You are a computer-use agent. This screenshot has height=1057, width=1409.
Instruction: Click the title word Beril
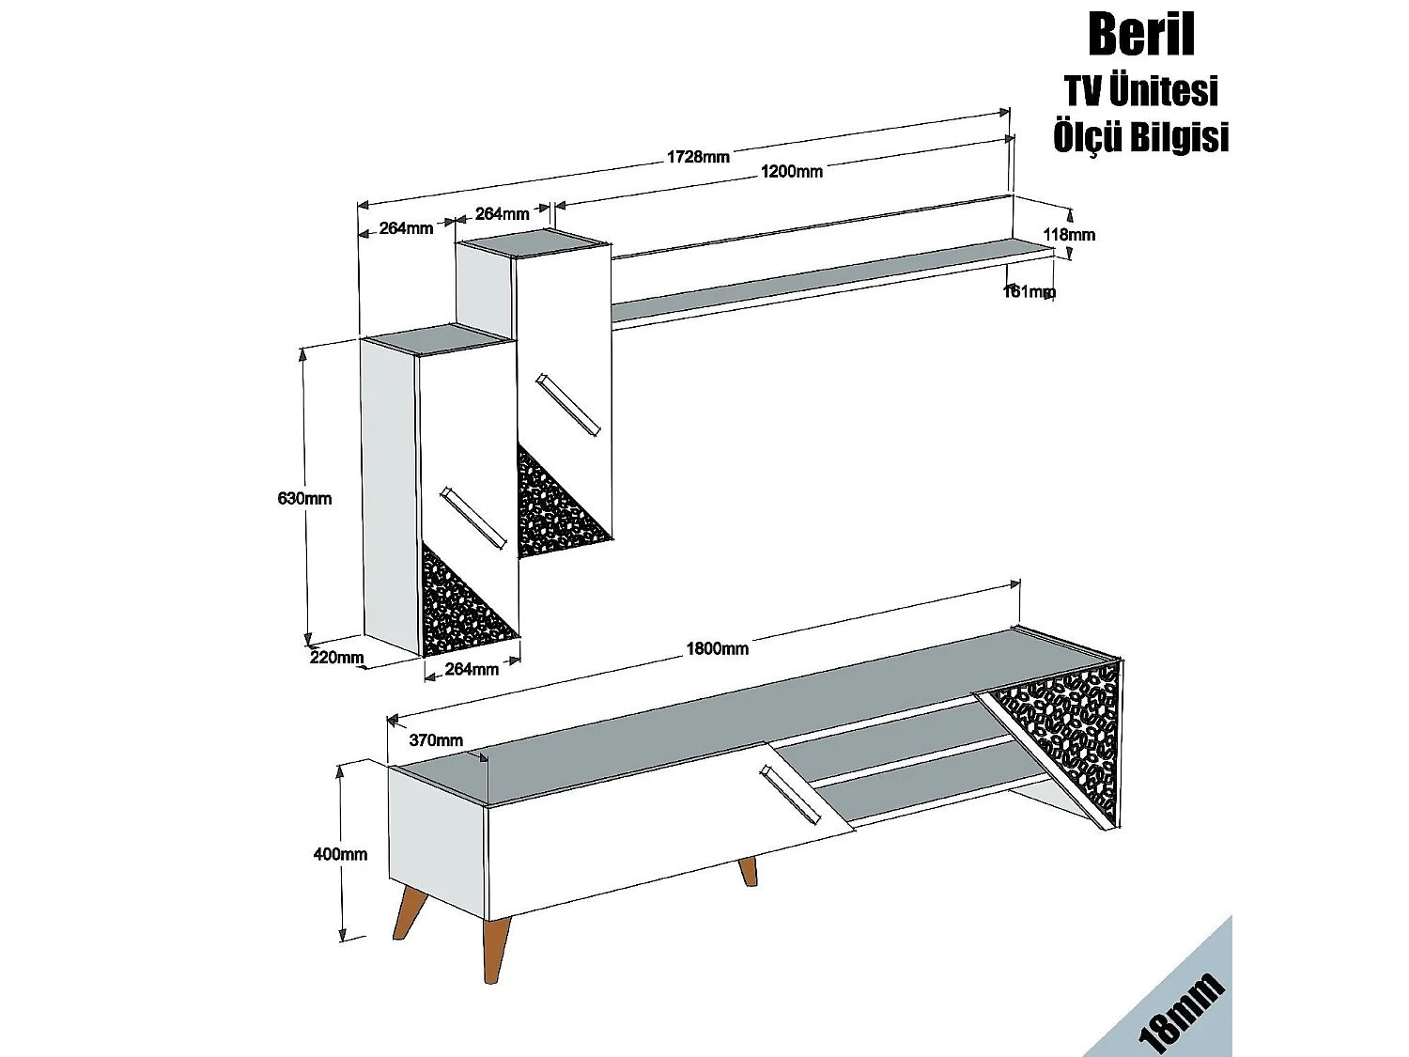[1140, 35]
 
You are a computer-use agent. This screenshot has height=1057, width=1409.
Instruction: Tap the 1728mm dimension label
[698, 157]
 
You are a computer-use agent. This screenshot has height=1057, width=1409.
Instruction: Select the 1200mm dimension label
[791, 171]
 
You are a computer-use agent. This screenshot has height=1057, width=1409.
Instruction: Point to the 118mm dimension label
[1069, 234]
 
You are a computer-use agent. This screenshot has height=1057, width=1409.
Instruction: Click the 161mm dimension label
[1028, 292]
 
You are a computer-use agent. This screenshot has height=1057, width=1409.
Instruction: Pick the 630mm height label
[304, 498]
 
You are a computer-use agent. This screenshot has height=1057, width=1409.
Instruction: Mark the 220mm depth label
[336, 657]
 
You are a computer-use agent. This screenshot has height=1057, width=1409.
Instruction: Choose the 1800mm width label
[717, 648]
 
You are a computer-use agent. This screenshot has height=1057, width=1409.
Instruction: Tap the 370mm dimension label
[436, 740]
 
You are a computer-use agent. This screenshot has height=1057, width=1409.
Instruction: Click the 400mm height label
[340, 854]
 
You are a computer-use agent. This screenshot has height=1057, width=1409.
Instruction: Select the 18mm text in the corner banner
[1181, 1013]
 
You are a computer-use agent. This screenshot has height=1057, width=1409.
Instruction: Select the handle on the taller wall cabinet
[567, 405]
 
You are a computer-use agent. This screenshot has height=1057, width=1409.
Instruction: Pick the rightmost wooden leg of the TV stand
[748, 871]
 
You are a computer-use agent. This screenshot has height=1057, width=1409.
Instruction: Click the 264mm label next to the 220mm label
[471, 669]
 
